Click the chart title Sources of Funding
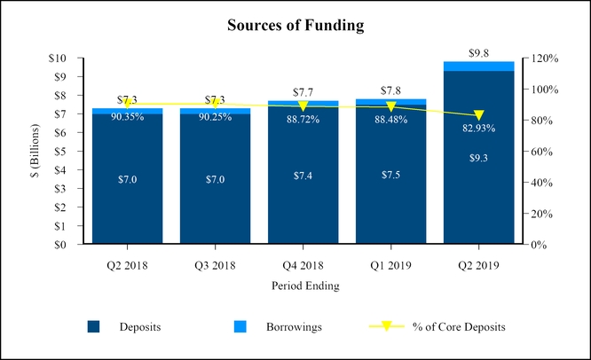coord(295,25)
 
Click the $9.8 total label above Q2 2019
coord(478,52)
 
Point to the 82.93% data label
coord(478,129)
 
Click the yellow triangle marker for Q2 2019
coord(478,115)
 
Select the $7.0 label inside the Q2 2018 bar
coord(128,179)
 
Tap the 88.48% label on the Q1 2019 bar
coord(390,120)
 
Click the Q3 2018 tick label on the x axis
coord(216,264)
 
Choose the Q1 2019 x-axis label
coord(390,264)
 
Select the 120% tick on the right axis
coord(541,58)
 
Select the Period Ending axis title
coord(303,286)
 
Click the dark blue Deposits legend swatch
coord(93,327)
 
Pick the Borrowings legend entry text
coord(294,327)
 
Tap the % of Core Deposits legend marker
coord(387,327)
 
